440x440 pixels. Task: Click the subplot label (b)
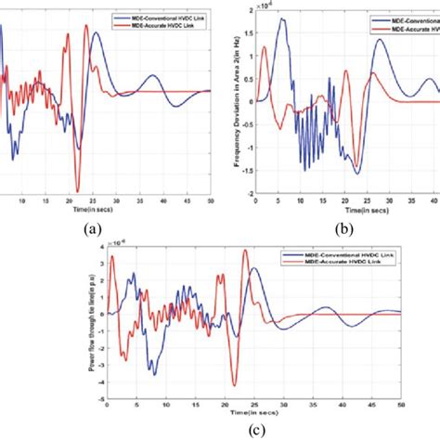(344, 226)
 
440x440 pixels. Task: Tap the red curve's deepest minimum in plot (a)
(78, 190)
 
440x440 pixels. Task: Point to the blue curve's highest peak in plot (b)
(282, 19)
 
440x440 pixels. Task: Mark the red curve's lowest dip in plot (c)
(235, 384)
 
